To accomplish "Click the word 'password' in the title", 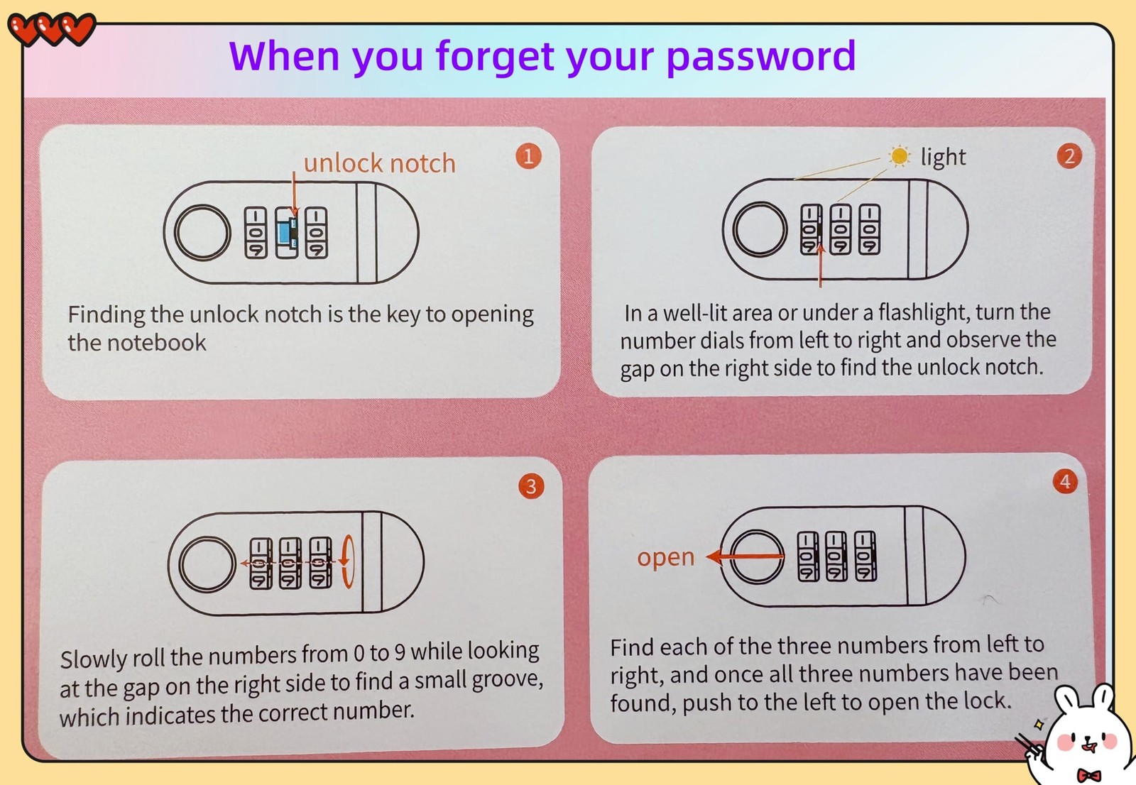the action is click(x=760, y=57).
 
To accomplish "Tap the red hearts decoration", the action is click(x=52, y=29).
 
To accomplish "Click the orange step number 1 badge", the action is click(x=528, y=156).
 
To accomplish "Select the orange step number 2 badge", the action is click(x=1069, y=156).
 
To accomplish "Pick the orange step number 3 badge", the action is click(x=531, y=486).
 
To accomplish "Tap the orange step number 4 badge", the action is click(x=1065, y=481).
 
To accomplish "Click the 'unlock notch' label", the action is click(x=379, y=163).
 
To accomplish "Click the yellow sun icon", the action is click(x=899, y=155).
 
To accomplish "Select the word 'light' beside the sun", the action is click(x=944, y=157).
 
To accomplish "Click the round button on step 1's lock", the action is click(x=202, y=232).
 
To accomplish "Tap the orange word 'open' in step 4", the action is click(x=665, y=557).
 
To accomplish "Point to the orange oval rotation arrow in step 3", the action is click(x=348, y=561).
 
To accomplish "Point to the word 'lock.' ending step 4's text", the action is click(x=988, y=701).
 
